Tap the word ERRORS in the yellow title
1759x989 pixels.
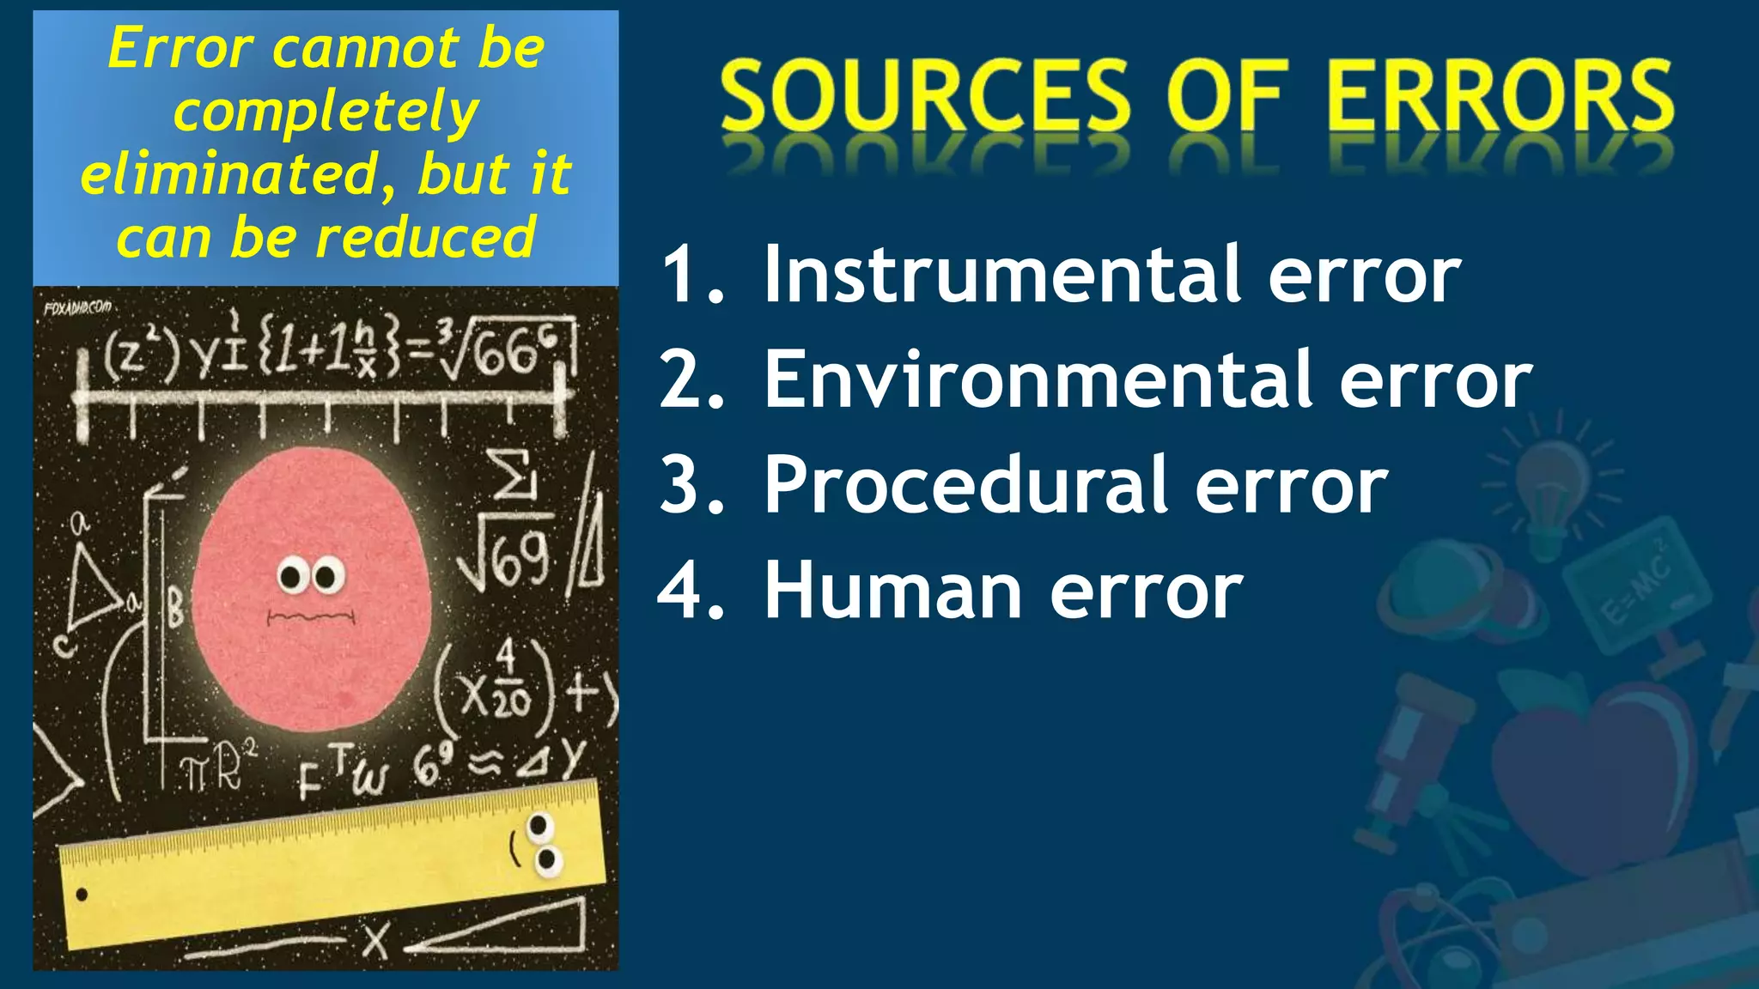tap(1500, 95)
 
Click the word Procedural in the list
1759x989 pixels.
tap(967, 485)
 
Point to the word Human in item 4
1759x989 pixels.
tap(893, 591)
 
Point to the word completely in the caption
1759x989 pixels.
tap(326, 112)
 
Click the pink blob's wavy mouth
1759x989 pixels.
tap(311, 616)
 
